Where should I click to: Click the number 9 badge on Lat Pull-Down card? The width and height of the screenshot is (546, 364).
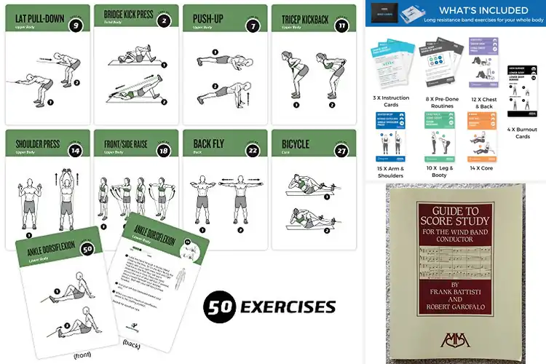pyautogui.click(x=74, y=27)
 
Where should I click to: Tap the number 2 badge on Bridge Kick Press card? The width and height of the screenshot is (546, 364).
pyautogui.click(x=164, y=21)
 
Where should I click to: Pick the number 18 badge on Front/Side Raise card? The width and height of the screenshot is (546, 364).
pyautogui.click(x=164, y=151)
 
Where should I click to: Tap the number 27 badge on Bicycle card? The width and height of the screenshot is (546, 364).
pyautogui.click(x=341, y=151)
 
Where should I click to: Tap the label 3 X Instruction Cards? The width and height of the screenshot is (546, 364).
pyautogui.click(x=391, y=100)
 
